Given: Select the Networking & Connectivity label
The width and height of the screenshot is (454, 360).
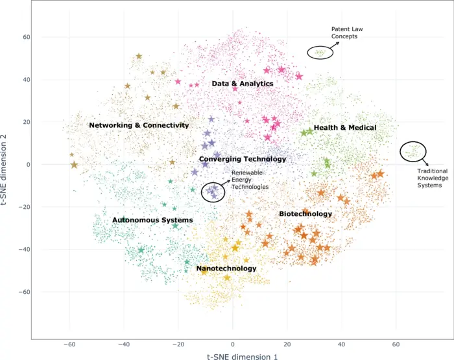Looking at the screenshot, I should [x=139, y=125].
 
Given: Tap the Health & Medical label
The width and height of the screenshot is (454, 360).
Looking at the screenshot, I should [x=344, y=128].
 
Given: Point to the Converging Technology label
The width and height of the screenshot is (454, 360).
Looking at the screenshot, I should [x=242, y=159].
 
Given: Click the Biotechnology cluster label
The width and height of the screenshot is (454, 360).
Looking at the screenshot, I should [x=305, y=214].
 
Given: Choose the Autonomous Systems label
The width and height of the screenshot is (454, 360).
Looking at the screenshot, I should [x=152, y=221].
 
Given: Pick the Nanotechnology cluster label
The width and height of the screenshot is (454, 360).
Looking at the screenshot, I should [x=226, y=269].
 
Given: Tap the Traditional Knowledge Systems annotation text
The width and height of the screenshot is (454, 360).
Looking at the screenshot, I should [x=433, y=179].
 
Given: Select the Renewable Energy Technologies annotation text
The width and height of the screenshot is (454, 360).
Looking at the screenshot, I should [x=250, y=180].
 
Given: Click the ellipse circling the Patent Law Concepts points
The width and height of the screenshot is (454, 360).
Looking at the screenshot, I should [x=320, y=53].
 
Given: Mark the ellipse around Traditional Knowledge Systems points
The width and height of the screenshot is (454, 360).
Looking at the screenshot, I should [x=413, y=152].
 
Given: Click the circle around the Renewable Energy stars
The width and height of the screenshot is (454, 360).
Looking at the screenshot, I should [x=213, y=191].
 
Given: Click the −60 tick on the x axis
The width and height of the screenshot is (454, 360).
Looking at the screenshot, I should [x=68, y=344].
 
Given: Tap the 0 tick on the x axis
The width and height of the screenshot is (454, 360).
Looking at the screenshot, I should [x=232, y=344].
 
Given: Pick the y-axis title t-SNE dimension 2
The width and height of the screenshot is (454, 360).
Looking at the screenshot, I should [x=6, y=164].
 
